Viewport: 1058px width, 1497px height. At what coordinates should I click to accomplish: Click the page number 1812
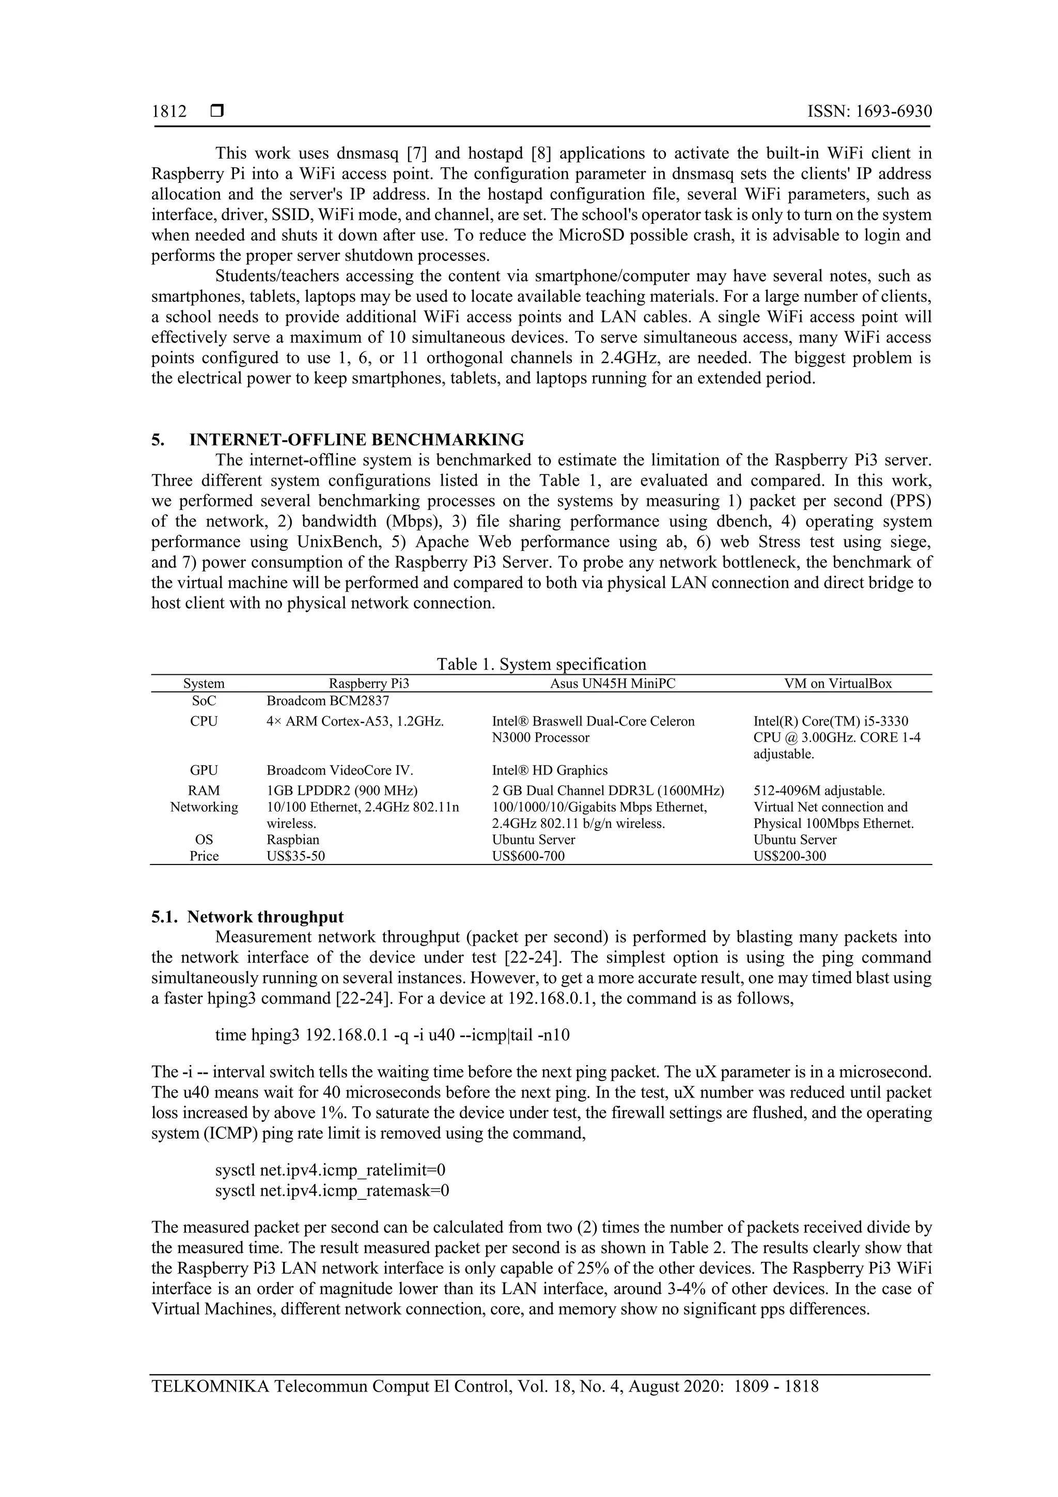[x=169, y=112]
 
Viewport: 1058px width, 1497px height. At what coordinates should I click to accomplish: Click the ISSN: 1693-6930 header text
[x=869, y=112]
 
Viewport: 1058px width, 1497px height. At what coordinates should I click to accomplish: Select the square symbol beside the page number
[x=217, y=112]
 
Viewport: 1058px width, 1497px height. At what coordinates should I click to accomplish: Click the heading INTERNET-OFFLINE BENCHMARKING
[x=356, y=439]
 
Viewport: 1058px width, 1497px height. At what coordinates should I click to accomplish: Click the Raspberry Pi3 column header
[x=368, y=683]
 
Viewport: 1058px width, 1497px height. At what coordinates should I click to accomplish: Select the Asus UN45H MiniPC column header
[x=612, y=683]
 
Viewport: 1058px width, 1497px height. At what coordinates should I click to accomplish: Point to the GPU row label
[x=204, y=770]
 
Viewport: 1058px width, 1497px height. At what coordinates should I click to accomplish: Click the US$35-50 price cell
[x=295, y=856]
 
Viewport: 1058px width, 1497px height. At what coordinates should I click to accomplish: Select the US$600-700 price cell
[x=528, y=856]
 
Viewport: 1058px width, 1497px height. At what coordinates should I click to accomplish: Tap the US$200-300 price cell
[x=789, y=856]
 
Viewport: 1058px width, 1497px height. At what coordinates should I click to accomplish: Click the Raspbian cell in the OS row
[x=293, y=840]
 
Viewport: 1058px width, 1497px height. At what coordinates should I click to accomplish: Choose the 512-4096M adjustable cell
[x=819, y=791]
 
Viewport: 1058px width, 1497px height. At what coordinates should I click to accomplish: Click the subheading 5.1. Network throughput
[x=248, y=917]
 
